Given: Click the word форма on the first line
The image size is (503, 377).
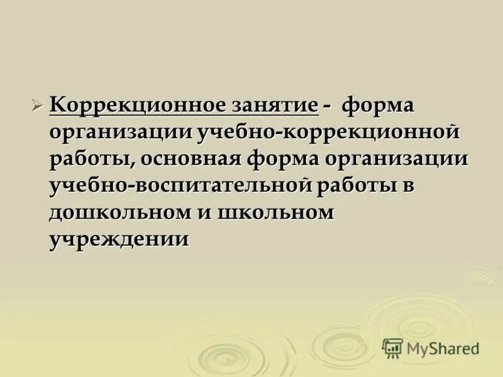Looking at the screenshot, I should click(x=378, y=106).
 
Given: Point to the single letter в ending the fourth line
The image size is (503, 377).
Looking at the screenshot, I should click(x=410, y=186).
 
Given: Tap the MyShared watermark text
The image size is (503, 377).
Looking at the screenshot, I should click(x=443, y=348).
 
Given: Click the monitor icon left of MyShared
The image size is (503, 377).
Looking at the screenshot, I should click(x=392, y=347).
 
